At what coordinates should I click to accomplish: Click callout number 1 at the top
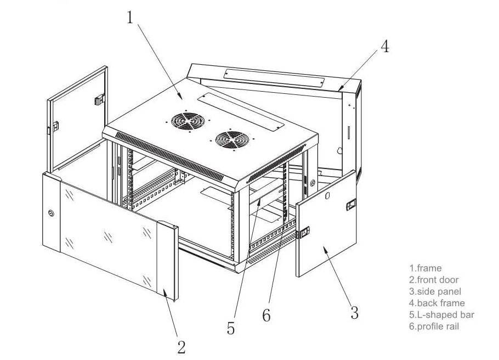129,18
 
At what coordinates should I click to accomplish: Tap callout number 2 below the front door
182,347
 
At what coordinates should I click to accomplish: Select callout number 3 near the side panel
355,312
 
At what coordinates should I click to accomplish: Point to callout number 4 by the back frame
385,47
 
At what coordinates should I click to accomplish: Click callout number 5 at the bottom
231,328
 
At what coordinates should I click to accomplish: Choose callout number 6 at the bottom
266,315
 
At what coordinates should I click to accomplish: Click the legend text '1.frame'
426,268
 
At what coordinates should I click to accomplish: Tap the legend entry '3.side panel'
435,291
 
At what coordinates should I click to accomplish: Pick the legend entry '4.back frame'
437,303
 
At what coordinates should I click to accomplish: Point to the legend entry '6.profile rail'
434,326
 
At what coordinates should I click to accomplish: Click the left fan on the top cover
188,121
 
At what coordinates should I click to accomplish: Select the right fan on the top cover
232,139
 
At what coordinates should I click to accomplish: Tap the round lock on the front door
51,213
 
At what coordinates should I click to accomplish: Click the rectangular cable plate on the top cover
241,111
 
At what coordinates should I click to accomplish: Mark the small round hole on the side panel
327,195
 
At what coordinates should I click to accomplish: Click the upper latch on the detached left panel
100,99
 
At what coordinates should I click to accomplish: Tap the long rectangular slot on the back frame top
274,78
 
